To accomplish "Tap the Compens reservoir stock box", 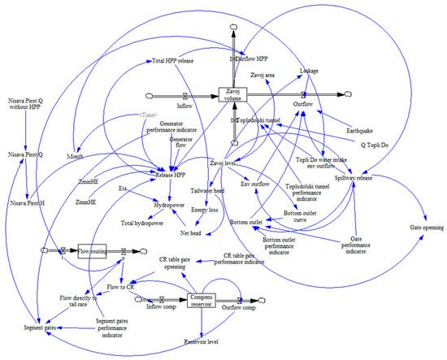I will click(204, 302).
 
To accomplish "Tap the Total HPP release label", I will click(174, 60).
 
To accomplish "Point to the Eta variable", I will click(123, 186).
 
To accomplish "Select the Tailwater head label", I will click(208, 190).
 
